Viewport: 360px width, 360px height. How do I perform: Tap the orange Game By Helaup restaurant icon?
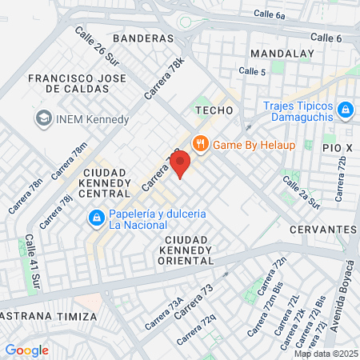[x=200, y=144]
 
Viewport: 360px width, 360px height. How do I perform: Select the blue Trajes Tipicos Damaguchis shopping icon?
[x=345, y=109]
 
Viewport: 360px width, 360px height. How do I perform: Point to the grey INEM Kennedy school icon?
[x=42, y=119]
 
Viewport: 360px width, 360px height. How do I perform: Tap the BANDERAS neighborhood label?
[x=143, y=38]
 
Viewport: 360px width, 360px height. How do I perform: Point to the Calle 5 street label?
[x=252, y=72]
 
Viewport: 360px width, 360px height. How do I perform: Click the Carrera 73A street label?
[x=165, y=314]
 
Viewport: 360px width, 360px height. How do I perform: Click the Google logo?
[x=26, y=350]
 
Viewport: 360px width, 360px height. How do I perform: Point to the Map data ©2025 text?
[x=326, y=354]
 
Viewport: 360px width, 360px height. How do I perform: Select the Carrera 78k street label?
[x=165, y=77]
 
